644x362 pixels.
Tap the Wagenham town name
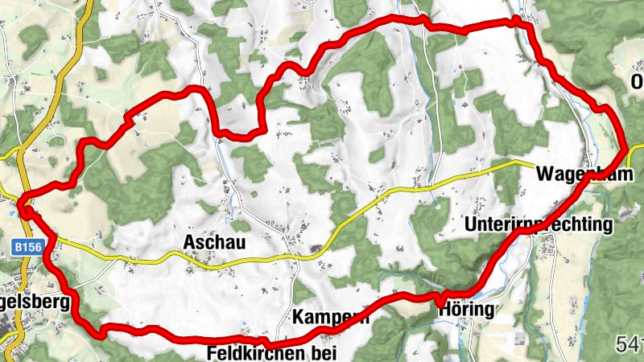[x=579, y=174]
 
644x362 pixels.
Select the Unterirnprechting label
[x=539, y=224]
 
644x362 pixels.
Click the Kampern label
[x=330, y=316]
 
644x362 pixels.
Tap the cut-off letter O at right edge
[x=637, y=83]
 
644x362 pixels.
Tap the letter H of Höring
[x=444, y=309]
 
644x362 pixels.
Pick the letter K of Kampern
[x=299, y=316]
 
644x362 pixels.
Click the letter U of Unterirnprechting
[x=471, y=224]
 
